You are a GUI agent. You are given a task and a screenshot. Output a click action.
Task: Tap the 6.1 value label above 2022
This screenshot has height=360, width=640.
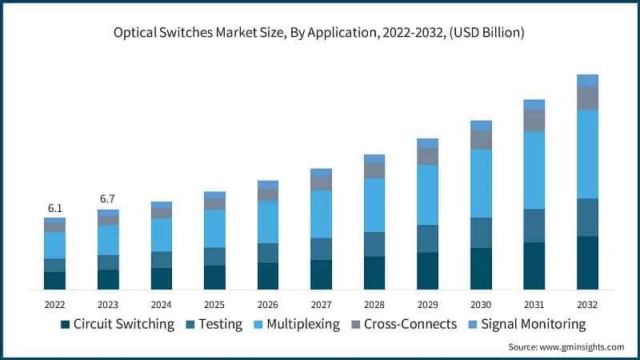point(54,207)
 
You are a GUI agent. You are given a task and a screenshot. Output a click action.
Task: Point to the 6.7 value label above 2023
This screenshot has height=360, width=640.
point(108,198)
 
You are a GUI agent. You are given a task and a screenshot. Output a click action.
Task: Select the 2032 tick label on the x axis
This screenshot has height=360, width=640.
point(587,305)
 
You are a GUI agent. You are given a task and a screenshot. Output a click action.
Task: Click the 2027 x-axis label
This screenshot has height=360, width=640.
point(321,305)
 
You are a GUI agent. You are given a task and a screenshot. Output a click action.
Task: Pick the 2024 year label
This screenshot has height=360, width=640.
point(161,305)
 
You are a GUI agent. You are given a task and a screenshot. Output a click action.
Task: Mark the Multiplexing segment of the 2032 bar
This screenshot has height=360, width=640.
point(587,154)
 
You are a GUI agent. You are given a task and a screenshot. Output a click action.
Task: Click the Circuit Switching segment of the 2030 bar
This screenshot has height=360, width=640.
point(481,268)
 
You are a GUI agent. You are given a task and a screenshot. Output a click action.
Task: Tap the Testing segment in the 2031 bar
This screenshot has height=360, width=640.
point(534,226)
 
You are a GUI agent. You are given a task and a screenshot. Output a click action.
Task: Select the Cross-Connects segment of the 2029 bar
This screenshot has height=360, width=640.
point(427,156)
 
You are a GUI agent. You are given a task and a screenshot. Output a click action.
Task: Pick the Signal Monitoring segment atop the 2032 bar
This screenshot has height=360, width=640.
point(587,80)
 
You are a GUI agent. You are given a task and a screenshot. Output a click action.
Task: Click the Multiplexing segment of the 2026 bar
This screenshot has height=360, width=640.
point(268,222)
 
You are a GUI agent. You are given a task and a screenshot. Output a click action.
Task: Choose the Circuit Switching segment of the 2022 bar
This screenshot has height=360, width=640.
point(54,280)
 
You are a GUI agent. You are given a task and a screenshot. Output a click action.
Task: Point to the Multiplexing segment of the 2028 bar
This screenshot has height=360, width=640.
point(374,205)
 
